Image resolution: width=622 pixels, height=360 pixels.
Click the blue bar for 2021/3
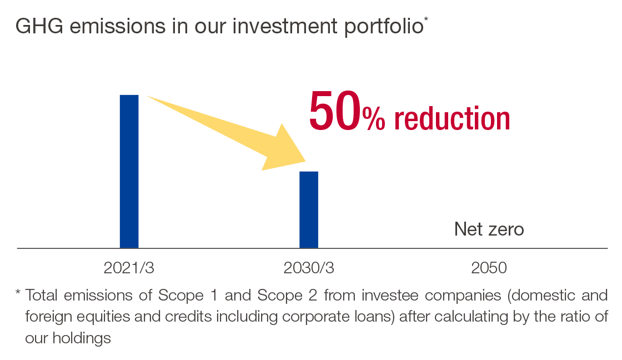(129, 172)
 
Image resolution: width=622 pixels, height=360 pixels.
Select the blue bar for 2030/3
(309, 210)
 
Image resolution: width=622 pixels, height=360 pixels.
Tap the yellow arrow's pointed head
(305, 162)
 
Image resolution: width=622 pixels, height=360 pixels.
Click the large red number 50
(335, 111)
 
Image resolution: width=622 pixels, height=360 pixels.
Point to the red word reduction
(452, 118)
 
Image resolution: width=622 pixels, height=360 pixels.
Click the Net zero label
(489, 229)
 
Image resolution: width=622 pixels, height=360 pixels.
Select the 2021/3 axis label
(129, 268)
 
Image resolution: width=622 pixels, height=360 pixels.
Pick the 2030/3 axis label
(309, 268)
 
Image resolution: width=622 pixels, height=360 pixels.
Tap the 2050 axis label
(489, 268)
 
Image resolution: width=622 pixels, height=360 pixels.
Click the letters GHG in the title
(39, 26)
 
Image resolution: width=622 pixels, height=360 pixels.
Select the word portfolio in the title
(384, 27)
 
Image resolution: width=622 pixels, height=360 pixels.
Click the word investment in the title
(285, 26)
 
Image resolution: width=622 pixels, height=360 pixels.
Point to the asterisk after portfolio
(426, 19)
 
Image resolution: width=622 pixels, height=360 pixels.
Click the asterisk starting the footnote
(18, 293)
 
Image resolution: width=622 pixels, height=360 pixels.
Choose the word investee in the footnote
(390, 296)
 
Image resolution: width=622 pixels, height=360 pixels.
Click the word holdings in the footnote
(82, 338)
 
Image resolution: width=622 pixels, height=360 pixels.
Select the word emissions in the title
(117, 26)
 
